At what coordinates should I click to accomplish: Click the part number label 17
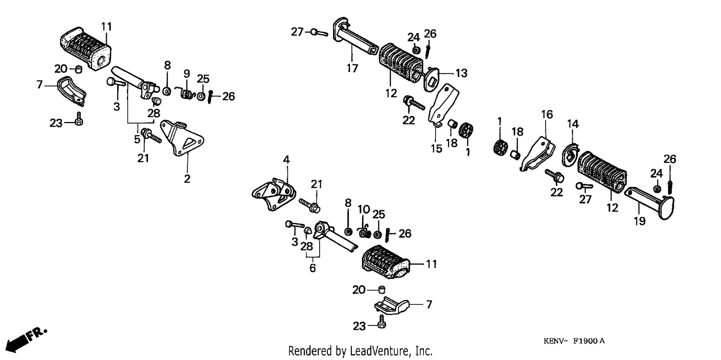352,68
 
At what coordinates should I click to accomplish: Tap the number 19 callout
640,221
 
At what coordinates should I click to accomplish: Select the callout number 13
461,73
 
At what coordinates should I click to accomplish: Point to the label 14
572,124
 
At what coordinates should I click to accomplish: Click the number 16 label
547,114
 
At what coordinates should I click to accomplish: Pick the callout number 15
436,149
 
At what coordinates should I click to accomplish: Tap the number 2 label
187,179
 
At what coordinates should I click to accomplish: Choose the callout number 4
286,160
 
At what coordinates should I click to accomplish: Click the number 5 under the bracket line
137,139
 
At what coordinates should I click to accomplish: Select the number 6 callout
312,268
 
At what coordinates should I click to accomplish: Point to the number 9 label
186,74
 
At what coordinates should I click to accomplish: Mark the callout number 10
364,210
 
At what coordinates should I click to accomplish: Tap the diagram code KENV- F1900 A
574,341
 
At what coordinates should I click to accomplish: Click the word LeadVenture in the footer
379,351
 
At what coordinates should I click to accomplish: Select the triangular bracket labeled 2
183,138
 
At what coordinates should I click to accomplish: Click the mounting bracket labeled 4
273,194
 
